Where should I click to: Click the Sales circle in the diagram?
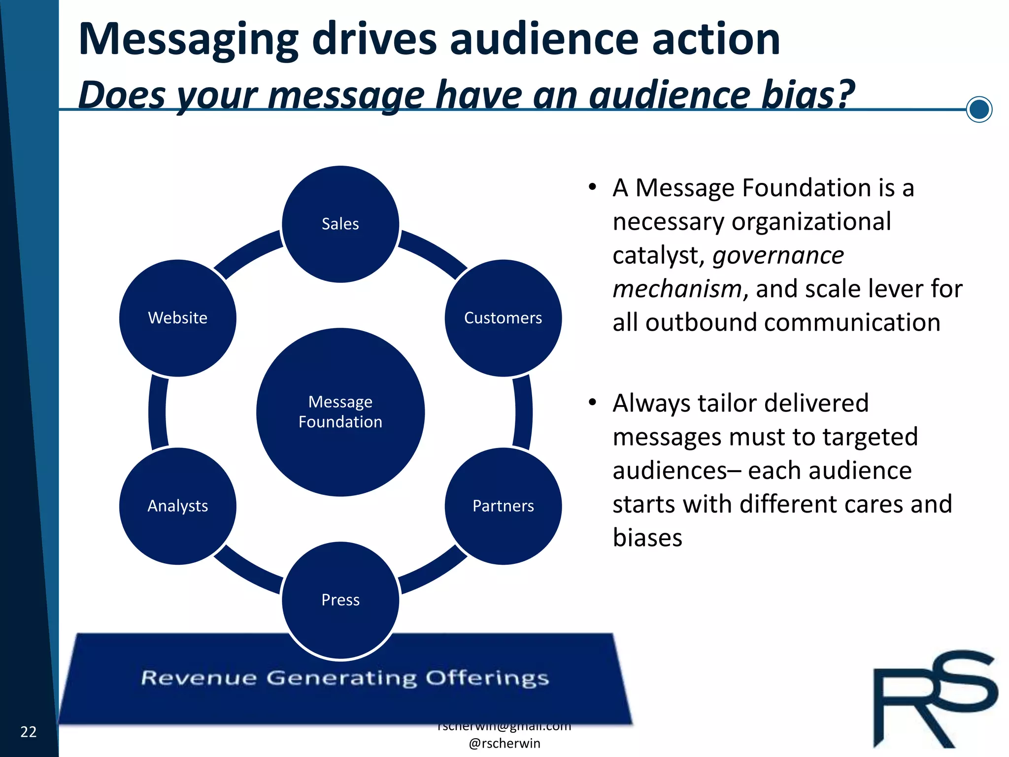click(340, 224)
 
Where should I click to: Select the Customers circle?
click(503, 318)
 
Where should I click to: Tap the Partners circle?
click(503, 506)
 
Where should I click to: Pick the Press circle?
click(340, 600)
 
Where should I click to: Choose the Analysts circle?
click(178, 506)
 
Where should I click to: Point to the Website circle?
click(178, 318)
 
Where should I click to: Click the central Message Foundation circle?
click(340, 412)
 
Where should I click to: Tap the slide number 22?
click(29, 732)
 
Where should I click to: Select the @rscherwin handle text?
click(504, 743)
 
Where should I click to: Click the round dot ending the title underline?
click(979, 109)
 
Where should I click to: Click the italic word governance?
click(778, 255)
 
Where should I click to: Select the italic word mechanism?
click(677, 289)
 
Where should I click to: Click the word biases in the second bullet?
click(647, 538)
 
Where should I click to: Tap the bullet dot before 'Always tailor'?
click(593, 402)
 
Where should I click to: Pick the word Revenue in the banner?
click(199, 678)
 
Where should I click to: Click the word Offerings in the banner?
click(487, 679)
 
